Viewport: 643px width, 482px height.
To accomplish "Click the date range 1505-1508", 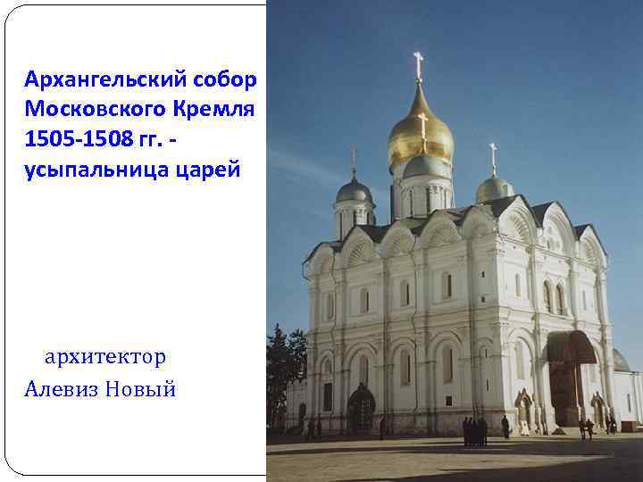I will [81, 140].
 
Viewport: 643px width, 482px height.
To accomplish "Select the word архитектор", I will [105, 357].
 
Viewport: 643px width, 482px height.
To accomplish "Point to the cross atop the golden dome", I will [418, 64].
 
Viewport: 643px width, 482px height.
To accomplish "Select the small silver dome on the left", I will [354, 192].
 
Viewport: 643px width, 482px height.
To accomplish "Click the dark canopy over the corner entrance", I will [570, 345].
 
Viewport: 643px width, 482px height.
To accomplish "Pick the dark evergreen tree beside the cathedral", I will [283, 366].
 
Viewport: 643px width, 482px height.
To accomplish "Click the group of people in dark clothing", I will [474, 431].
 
